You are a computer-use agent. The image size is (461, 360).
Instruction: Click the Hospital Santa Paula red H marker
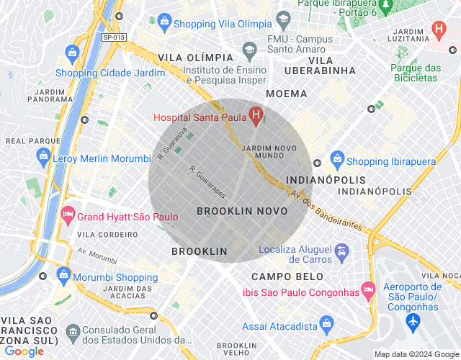(x=255, y=114)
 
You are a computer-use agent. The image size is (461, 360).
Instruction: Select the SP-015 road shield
(x=113, y=37)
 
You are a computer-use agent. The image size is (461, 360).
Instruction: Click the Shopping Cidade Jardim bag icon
(x=71, y=53)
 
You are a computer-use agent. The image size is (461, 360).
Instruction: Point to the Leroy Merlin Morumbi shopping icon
(x=44, y=155)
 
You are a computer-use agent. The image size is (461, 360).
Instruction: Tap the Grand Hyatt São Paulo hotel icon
(x=68, y=214)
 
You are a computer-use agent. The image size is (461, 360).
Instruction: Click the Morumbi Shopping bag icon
(x=66, y=274)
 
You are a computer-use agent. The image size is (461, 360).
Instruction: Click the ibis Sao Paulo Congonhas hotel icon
(x=369, y=289)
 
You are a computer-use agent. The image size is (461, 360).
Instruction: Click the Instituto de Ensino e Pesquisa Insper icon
(x=250, y=50)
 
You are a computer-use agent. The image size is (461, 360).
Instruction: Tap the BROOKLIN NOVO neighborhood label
(x=242, y=211)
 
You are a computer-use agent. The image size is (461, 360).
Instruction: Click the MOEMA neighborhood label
(x=286, y=94)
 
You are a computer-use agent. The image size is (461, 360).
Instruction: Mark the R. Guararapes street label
(x=207, y=183)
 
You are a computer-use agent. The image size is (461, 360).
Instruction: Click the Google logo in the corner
(x=24, y=351)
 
